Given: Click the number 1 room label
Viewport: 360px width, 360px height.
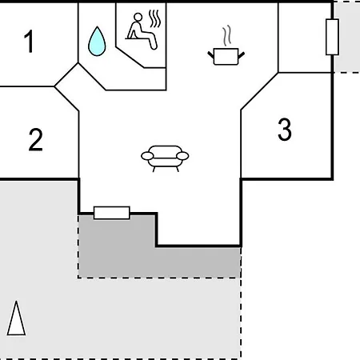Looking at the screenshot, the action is (x=29, y=41).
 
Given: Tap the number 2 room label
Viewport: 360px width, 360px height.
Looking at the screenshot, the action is (x=35, y=140).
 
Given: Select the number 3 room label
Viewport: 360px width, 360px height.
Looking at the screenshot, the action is (x=285, y=129).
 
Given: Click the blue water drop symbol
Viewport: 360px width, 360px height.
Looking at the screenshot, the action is (x=97, y=42).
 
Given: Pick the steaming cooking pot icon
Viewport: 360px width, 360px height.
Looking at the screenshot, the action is (x=226, y=46).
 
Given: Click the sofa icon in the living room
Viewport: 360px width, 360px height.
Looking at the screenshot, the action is (x=165, y=158).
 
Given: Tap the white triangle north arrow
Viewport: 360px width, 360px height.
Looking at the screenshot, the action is (x=16, y=318).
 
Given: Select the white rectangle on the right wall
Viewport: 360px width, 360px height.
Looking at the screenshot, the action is (x=332, y=37).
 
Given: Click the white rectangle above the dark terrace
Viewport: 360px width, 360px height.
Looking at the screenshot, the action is (x=112, y=213).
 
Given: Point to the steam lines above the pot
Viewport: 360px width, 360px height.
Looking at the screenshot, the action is (x=226, y=36).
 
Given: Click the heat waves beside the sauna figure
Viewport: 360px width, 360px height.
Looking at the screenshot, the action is (x=155, y=18).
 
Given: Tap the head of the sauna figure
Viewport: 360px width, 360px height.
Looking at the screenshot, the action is (x=138, y=17).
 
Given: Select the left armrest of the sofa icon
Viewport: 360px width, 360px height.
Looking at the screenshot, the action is (x=147, y=156).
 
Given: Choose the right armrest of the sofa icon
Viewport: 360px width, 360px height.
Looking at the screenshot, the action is (x=182, y=156).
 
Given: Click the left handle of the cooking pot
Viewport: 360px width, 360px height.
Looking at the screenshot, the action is (x=210, y=55).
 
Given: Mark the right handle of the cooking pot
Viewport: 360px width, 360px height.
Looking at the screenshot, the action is (x=242, y=55).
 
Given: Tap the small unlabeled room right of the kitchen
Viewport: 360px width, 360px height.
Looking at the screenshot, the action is (x=305, y=37).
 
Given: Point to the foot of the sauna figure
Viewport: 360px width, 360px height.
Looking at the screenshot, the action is (x=154, y=46).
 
